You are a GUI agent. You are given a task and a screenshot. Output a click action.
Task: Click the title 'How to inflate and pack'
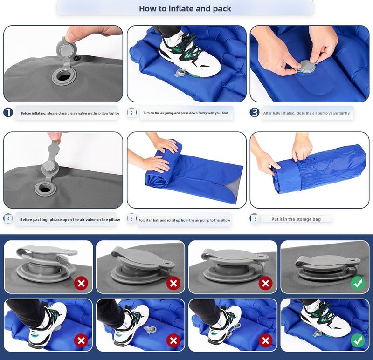[185, 8]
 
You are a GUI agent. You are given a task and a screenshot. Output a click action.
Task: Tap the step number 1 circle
[8, 112]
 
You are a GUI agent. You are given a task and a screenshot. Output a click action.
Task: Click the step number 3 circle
[254, 112]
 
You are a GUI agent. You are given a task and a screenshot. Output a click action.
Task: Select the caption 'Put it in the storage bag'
[296, 219]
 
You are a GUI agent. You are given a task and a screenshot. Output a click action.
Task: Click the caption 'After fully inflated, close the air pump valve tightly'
[306, 113]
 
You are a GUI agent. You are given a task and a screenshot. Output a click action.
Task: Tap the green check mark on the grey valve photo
[358, 283]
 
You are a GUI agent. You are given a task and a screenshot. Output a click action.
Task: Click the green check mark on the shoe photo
[358, 340]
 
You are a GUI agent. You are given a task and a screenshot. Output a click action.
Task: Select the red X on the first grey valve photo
[81, 283]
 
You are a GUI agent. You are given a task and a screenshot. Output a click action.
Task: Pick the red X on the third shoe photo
[265, 340]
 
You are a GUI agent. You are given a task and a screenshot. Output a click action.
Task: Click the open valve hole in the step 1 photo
[64, 77]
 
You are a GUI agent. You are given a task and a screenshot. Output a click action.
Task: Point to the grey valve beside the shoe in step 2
[180, 73]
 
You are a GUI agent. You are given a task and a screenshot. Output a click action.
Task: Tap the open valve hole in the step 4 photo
[45, 189]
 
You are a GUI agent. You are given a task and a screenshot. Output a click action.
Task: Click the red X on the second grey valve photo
[173, 283]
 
